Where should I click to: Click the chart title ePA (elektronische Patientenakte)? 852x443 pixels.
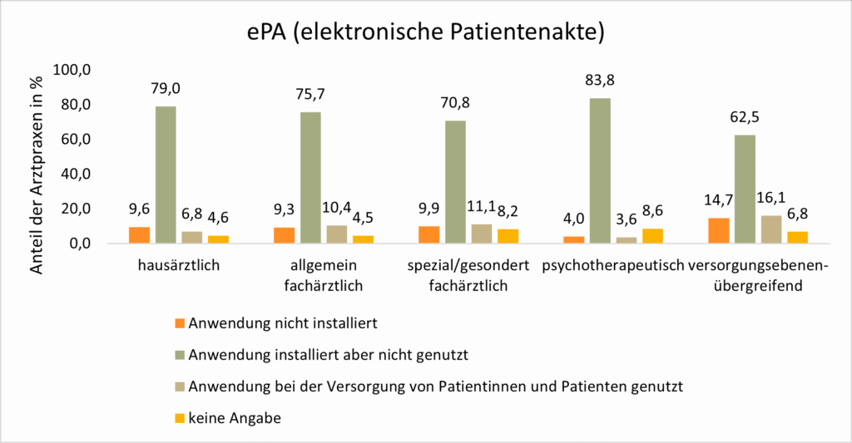(425, 33)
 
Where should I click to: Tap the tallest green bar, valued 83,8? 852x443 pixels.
(600, 170)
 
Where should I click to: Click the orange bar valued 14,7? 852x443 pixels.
(718, 230)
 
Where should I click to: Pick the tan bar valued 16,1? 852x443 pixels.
(770, 229)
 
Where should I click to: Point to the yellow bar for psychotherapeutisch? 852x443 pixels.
(652, 236)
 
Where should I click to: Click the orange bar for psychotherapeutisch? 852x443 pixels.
(574, 239)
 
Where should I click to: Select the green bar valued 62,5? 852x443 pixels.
(745, 189)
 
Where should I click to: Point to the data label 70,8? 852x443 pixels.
(455, 103)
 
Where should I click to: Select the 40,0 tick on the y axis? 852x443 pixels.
(74, 175)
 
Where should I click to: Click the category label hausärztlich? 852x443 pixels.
(179, 266)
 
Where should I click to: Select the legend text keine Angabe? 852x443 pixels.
(235, 418)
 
